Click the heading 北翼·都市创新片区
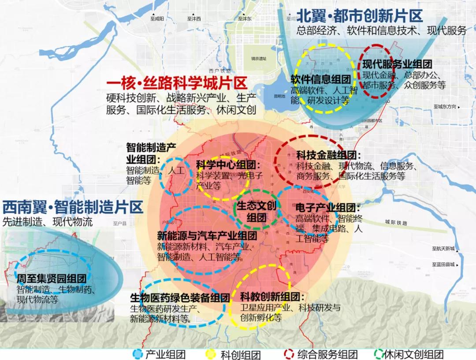[x=359, y=16]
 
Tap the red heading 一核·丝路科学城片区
[x=176, y=84]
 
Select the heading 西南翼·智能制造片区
[x=73, y=207]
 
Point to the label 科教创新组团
[x=273, y=296]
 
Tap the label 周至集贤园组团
[x=51, y=279]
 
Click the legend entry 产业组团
[x=165, y=354]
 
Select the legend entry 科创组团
[x=241, y=354]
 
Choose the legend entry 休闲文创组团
[x=413, y=354]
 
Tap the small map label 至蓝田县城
[x=443, y=264]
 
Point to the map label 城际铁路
[x=396, y=221]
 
